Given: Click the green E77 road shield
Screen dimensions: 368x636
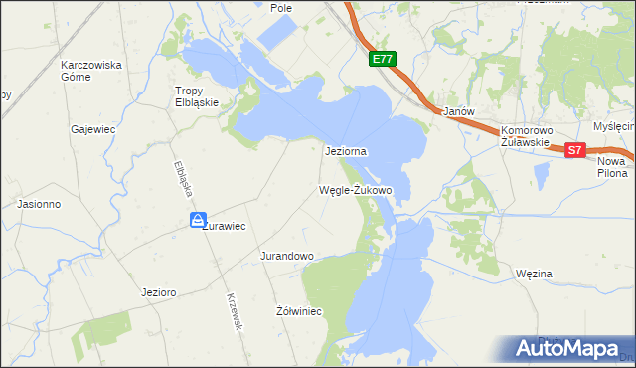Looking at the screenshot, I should click(x=382, y=60).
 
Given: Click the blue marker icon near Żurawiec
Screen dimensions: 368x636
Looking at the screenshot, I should click(x=199, y=220).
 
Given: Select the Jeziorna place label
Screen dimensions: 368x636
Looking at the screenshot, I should click(x=347, y=151).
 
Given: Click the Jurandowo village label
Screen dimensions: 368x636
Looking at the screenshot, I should click(x=287, y=256).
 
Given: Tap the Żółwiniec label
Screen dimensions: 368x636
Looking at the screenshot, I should click(x=297, y=311).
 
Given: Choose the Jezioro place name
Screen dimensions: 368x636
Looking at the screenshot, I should click(x=159, y=292).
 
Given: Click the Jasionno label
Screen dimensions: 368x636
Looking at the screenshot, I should click(x=40, y=204).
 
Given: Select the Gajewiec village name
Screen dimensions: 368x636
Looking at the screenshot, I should click(x=90, y=129).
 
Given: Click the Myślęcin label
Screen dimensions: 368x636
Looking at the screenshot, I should click(x=613, y=126).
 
